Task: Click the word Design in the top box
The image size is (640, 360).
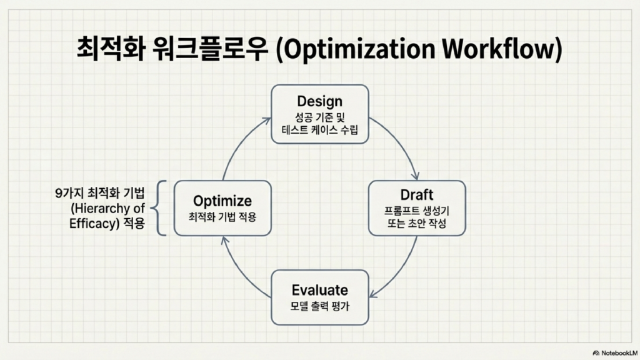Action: coord(319,101)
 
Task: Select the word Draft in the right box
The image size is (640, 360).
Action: coord(417,195)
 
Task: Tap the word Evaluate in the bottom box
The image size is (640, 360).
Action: coord(319,290)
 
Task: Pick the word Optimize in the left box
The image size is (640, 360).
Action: coord(222,201)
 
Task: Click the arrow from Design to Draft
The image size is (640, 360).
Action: coord(401,144)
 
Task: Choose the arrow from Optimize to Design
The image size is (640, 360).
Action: coord(240,143)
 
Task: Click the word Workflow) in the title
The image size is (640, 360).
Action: coord(502,49)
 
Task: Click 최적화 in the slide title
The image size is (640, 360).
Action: coord(111,49)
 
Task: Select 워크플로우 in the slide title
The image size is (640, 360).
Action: coord(211,49)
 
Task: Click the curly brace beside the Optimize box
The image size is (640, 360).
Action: coord(159,207)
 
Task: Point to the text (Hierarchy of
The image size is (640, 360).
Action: coord(107,209)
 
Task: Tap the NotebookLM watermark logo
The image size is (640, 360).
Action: coord(596,353)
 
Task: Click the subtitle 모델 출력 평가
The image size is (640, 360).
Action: coord(319,306)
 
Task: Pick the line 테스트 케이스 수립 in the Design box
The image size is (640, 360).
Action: coord(319,130)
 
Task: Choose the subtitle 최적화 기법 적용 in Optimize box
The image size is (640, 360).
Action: coord(222,217)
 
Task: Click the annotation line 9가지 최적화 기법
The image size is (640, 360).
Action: coord(100,193)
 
